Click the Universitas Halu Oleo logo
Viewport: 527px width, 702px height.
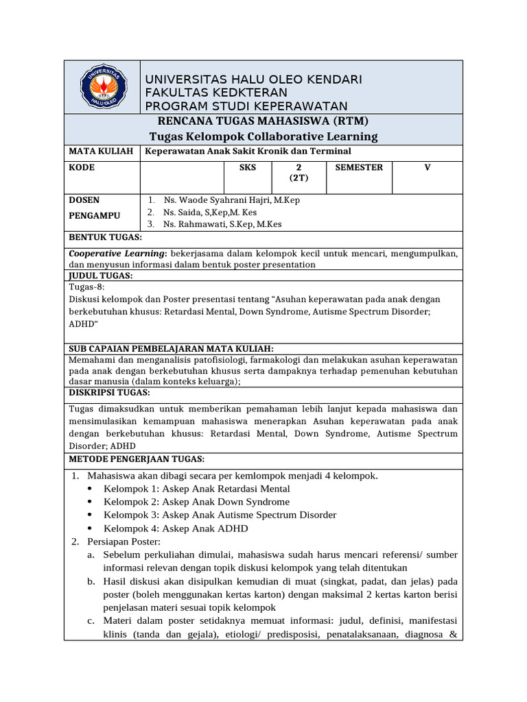102,87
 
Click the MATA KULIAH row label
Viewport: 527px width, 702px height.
100,151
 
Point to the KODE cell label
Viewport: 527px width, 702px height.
82,167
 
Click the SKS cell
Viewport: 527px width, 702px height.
247,167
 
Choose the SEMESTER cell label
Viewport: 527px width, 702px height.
359,167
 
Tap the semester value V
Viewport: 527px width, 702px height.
427,167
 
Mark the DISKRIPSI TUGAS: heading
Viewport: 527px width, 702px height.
109,393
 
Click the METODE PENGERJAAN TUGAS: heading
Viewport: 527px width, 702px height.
137,459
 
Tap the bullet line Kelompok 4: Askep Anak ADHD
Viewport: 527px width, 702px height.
176,529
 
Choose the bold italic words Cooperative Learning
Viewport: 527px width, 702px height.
118,253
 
